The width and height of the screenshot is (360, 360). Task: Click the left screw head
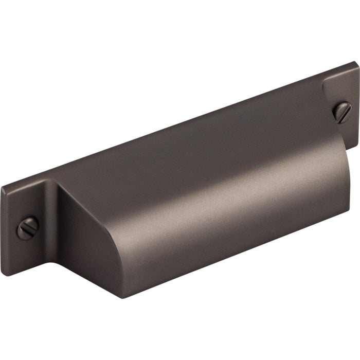click(x=27, y=227)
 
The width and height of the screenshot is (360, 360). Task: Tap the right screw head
click(x=341, y=112)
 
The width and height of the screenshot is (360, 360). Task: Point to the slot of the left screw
click(x=27, y=227)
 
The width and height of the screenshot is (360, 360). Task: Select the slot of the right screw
click(x=341, y=112)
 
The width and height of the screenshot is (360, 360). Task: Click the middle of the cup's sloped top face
click(x=195, y=149)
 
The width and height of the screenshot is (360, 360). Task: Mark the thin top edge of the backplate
click(x=180, y=123)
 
